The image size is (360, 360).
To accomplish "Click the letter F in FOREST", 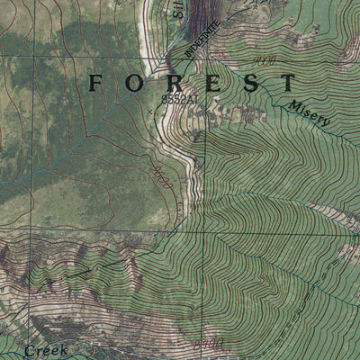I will [96, 84].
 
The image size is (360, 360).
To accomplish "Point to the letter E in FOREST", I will [210, 84].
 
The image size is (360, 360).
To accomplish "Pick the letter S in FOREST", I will [249, 84].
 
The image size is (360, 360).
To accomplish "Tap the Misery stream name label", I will [310, 114].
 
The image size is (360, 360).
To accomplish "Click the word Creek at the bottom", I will [46, 351].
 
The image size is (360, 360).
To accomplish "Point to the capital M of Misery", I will [294, 106].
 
